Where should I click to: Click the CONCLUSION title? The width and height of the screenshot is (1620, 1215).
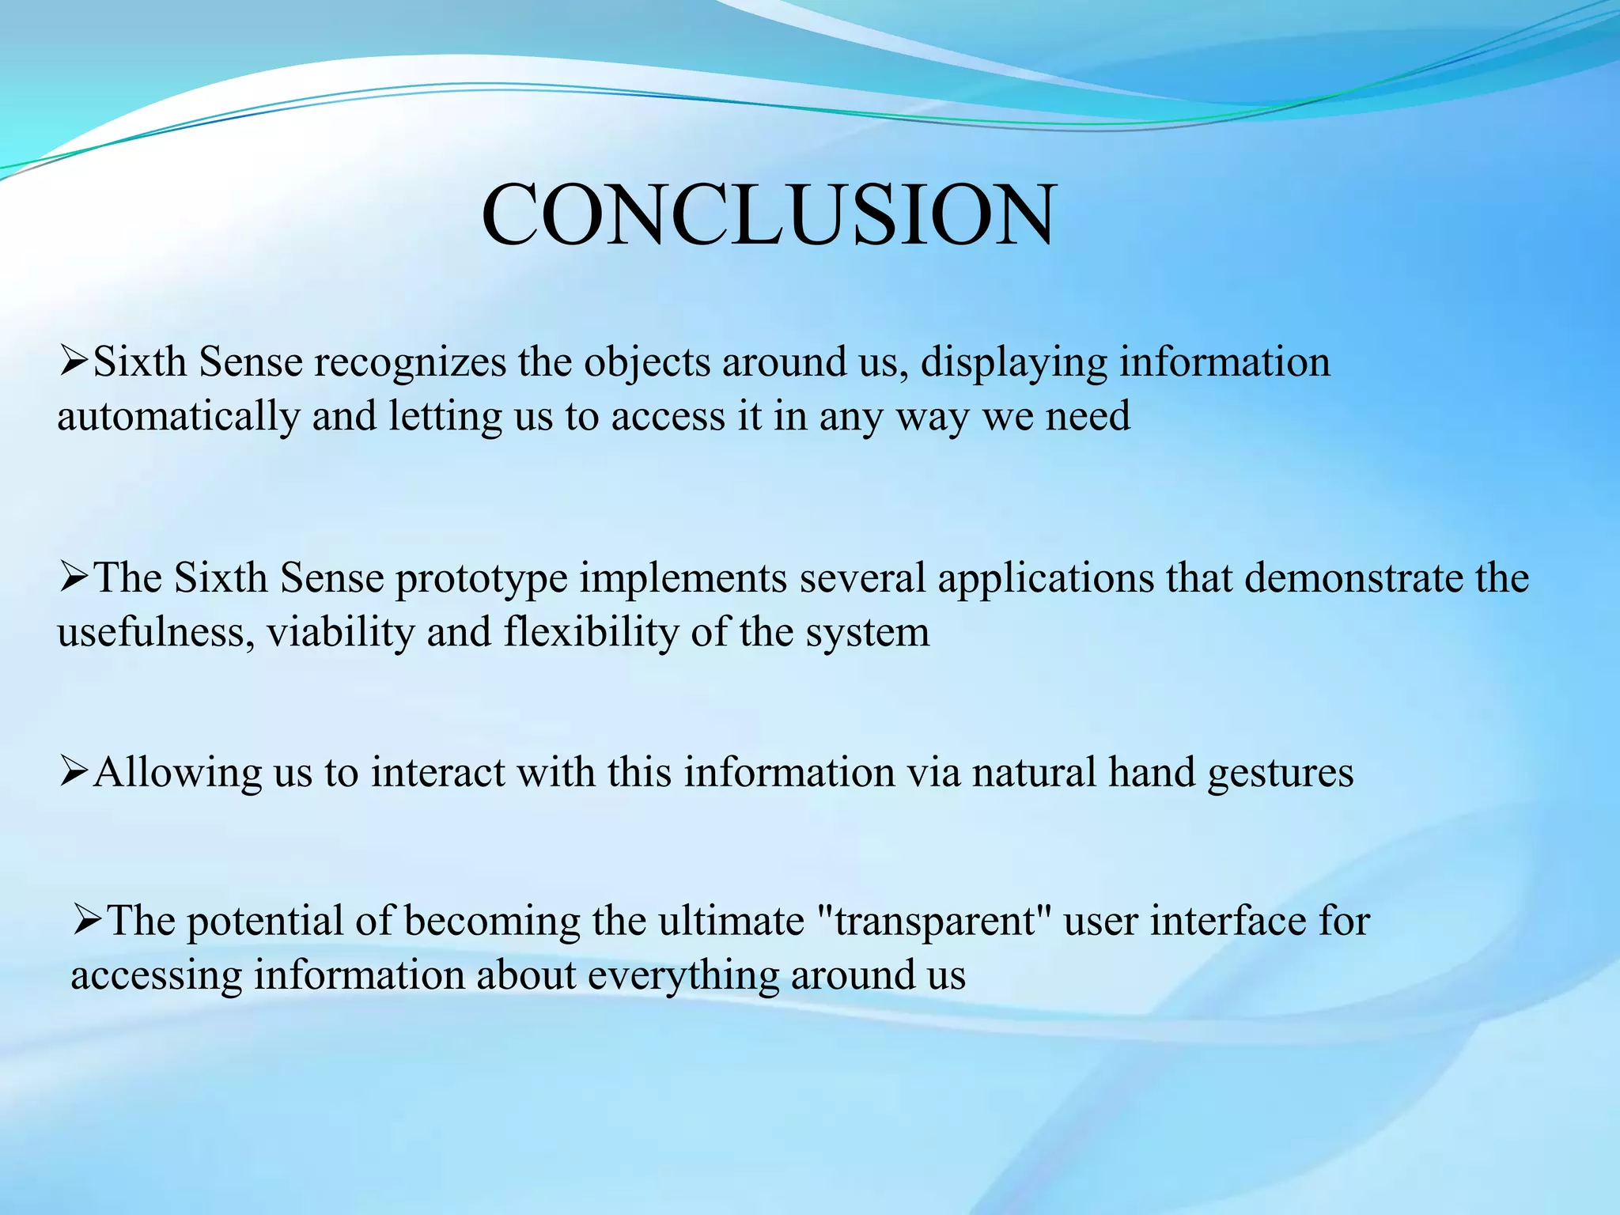(x=768, y=215)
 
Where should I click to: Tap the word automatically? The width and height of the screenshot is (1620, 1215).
(x=178, y=417)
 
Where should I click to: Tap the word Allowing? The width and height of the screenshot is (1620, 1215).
(x=178, y=772)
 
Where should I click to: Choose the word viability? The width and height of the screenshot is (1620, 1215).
(x=340, y=632)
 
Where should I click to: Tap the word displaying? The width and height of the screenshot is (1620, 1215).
(x=1014, y=363)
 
